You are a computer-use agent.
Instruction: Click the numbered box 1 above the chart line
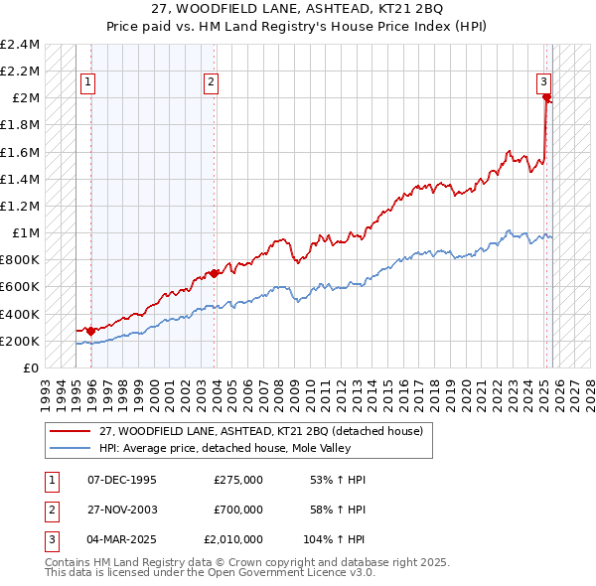click(88, 83)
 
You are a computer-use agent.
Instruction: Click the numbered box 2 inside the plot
click(212, 83)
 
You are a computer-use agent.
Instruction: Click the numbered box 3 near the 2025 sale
click(544, 83)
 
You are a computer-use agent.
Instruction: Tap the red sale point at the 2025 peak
click(547, 97)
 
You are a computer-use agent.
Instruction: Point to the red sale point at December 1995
click(90, 331)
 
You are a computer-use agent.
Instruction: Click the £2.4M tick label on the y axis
click(20, 45)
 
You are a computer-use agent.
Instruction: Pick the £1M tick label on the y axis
click(24, 233)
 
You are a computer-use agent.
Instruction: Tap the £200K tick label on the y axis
click(20, 341)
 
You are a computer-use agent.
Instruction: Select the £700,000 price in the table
click(237, 510)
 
